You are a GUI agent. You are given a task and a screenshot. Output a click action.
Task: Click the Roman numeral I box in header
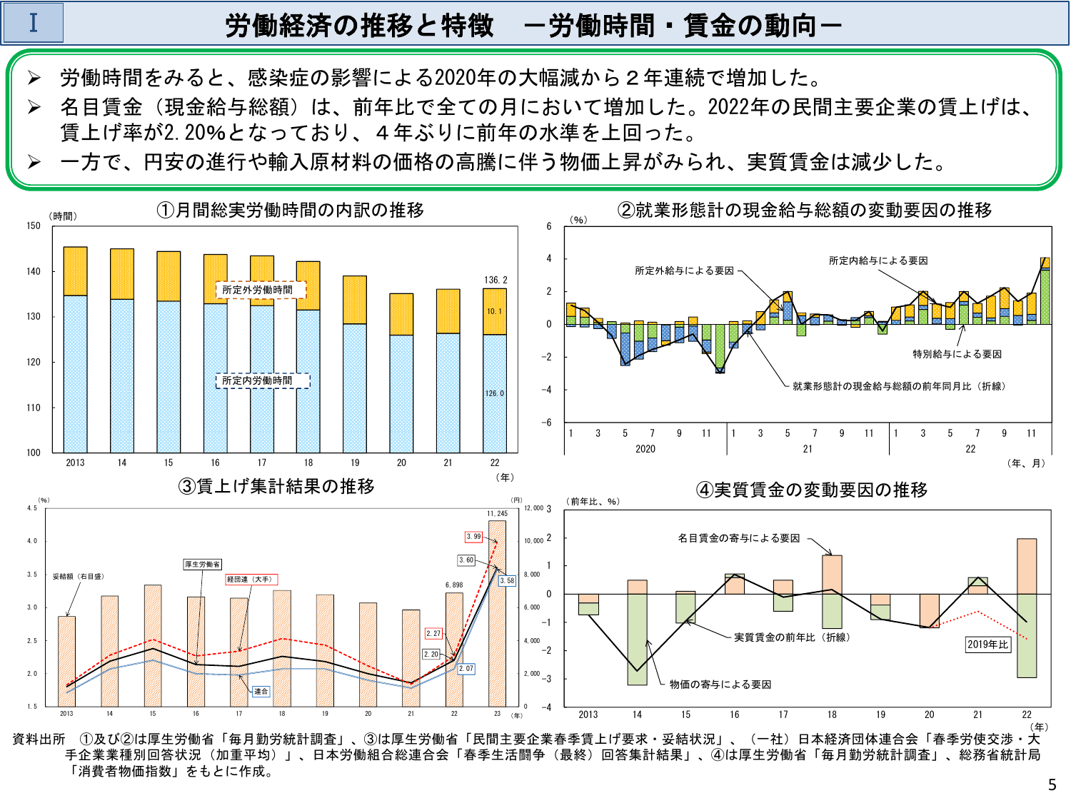(33, 23)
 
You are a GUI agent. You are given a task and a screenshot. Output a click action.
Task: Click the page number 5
(1052, 785)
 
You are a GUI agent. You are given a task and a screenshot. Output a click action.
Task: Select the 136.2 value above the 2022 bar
(496, 280)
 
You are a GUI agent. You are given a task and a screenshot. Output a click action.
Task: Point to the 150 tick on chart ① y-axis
(34, 226)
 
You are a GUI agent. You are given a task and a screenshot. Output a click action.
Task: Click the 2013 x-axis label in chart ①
(75, 463)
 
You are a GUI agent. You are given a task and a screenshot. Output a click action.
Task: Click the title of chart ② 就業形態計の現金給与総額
(805, 210)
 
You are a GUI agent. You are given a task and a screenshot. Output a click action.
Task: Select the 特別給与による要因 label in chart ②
(957, 354)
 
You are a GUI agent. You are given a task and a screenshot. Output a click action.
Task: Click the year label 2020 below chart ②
(645, 449)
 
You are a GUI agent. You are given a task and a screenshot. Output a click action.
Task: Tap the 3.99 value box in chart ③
(473, 537)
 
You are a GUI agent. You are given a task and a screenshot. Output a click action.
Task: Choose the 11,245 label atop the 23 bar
(497, 513)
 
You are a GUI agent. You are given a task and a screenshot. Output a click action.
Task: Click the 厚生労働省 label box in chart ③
(203, 565)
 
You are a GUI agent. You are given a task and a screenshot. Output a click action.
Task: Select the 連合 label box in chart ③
(261, 691)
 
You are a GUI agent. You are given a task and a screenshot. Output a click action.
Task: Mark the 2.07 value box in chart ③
(466, 669)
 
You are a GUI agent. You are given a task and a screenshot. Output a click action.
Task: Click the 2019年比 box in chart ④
(987, 645)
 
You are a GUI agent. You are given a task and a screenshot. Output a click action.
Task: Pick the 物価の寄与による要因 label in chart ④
(720, 685)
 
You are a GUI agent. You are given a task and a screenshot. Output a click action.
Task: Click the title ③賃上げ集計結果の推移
(276, 486)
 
